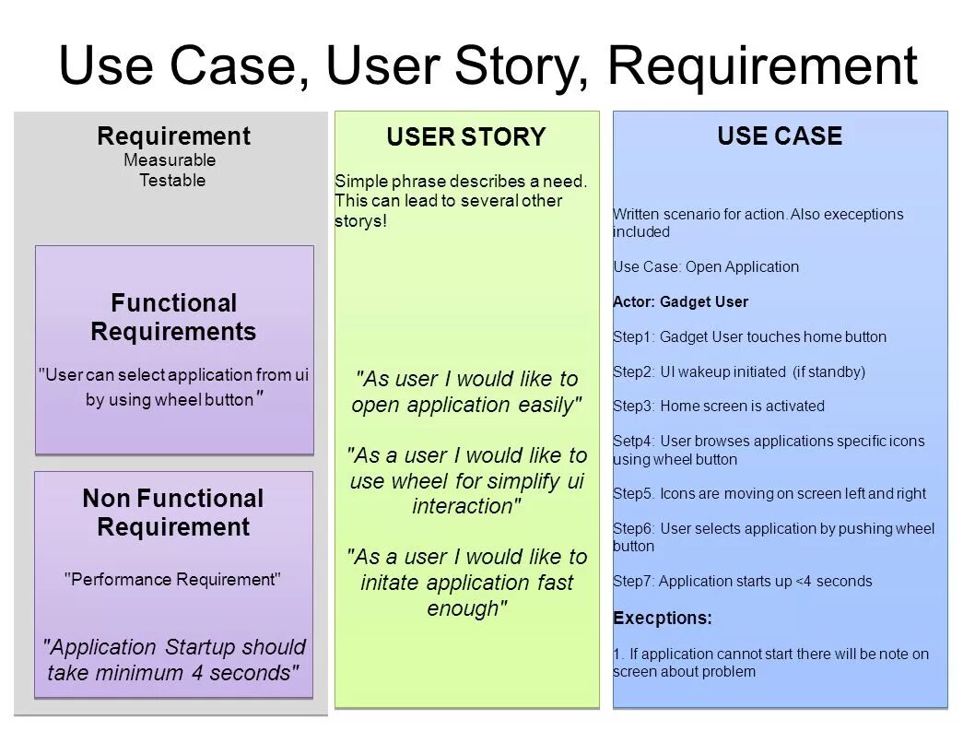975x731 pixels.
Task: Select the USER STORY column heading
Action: (x=465, y=137)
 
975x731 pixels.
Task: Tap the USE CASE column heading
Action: (x=780, y=136)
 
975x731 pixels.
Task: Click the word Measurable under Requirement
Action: (x=170, y=160)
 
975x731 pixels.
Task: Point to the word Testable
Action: (x=172, y=181)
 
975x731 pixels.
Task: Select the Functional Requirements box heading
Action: (x=173, y=317)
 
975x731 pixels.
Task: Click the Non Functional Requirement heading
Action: (x=173, y=513)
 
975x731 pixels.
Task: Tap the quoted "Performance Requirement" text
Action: (x=172, y=580)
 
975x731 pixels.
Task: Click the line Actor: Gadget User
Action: (x=680, y=301)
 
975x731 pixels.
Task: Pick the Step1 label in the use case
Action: (x=633, y=336)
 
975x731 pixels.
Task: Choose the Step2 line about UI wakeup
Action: (x=738, y=371)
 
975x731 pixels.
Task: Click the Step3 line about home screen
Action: (x=718, y=406)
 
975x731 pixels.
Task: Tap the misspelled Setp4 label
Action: (x=633, y=441)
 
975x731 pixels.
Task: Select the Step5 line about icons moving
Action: (x=769, y=493)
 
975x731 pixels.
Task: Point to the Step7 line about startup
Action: (x=742, y=581)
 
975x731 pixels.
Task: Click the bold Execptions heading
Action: (x=663, y=617)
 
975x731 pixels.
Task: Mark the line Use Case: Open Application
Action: (x=705, y=266)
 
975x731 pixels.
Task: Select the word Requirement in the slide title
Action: (x=761, y=65)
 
